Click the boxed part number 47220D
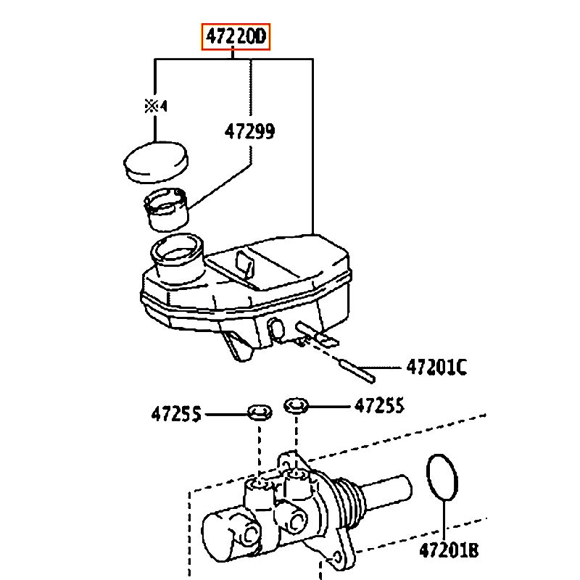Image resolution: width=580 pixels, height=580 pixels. [236, 37]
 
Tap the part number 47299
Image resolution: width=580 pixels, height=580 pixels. [249, 131]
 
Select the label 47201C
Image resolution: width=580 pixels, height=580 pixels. [436, 368]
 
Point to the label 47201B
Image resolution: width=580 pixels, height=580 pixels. [449, 550]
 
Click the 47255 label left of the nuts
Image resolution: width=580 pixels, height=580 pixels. [176, 413]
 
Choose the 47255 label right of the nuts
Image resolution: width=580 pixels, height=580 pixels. [379, 405]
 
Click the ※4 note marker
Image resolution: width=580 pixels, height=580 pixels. [156, 107]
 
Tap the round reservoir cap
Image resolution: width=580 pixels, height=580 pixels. [156, 162]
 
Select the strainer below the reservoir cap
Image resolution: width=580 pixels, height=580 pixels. [166, 210]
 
